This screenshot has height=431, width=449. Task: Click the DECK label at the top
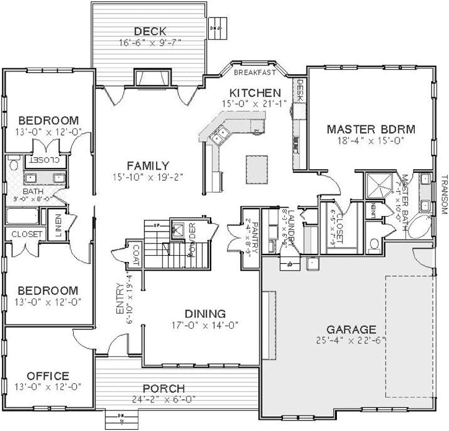tap(150, 31)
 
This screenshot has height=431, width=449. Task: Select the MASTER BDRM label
tap(371, 129)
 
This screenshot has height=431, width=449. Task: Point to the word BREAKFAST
tap(253, 72)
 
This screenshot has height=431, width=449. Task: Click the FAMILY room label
tap(148, 165)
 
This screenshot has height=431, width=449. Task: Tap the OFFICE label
tap(48, 376)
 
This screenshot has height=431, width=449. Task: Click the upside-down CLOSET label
tap(45, 160)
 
